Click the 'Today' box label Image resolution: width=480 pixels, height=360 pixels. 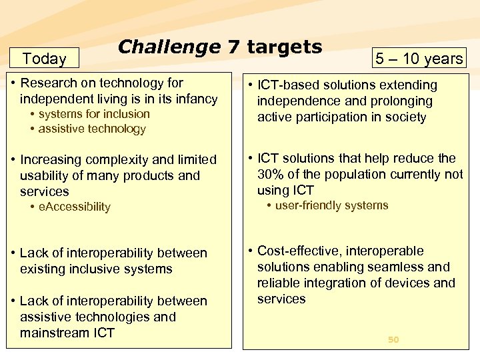pos(44,59)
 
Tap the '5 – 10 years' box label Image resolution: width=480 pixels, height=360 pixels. pos(419,59)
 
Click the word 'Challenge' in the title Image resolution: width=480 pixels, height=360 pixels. pos(169,47)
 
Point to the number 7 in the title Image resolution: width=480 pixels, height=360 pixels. pos(233,47)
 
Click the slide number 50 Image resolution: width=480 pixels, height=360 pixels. pos(393,339)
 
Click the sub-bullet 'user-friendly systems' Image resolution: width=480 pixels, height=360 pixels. pos(331,205)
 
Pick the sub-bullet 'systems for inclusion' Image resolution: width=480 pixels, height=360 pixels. pos(94,114)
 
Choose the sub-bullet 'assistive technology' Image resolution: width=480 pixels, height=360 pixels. pos(92,129)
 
